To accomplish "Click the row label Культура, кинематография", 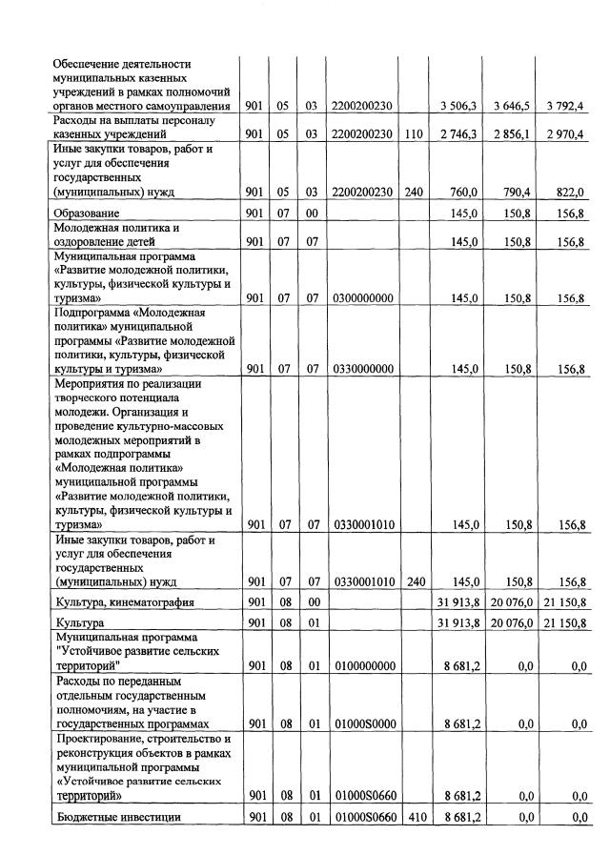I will tap(125, 602).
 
